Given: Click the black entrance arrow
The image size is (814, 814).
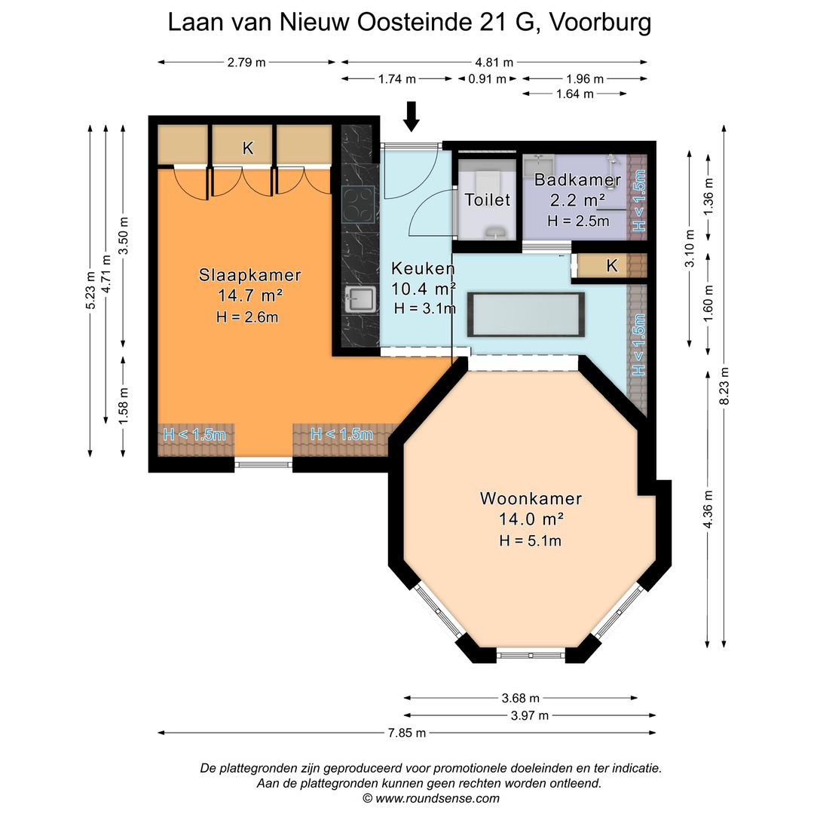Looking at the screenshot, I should [411, 116].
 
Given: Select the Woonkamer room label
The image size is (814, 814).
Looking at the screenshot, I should [531, 498].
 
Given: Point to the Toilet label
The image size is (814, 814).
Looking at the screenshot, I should [488, 200].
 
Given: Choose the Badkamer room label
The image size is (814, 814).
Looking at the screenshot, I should [577, 180].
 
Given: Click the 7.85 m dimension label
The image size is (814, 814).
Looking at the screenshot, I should [407, 733].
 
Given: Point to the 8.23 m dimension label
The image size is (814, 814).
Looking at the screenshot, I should [724, 385].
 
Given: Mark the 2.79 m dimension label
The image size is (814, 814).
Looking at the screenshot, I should [246, 63].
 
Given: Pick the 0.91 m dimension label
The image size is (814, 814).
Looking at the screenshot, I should [487, 78].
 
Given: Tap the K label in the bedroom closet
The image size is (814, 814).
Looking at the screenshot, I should [247, 148].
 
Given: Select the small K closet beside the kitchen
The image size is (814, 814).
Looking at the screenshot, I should [611, 265].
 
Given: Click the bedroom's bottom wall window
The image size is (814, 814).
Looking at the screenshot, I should [263, 464].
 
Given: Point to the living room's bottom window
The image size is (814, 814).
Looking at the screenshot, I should [531, 656].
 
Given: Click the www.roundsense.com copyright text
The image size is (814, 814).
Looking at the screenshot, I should [431, 798].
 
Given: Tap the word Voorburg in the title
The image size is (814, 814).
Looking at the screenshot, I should [600, 23].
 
